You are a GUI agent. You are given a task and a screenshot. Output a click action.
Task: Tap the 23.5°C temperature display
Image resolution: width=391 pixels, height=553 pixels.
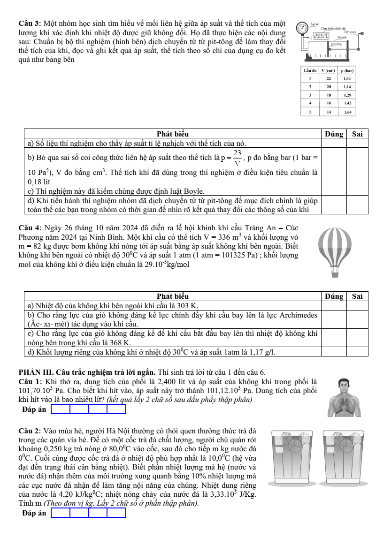tap(322, 36)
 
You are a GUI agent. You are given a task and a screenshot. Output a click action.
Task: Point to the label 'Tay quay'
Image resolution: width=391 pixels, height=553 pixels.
tap(351, 31)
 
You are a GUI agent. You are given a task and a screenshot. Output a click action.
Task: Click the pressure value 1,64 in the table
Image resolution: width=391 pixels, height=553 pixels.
tap(347, 112)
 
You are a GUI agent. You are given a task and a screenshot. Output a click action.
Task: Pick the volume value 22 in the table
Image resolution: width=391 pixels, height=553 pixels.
tap(329, 79)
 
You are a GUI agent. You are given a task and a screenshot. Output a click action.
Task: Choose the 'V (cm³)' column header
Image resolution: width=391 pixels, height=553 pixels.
tap(329, 70)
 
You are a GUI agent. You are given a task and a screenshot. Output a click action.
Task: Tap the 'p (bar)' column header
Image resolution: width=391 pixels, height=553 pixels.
tap(347, 70)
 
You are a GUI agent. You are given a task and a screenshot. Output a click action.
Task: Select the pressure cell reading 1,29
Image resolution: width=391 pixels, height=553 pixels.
tap(347, 95)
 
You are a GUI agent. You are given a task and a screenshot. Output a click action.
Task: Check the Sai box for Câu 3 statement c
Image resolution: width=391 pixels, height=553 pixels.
tap(357, 191)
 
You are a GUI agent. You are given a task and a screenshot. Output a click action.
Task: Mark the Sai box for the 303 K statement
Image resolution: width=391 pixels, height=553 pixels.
tap(357, 305)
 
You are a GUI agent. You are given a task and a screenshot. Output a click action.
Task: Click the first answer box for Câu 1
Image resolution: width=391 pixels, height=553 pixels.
tap(61, 409)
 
